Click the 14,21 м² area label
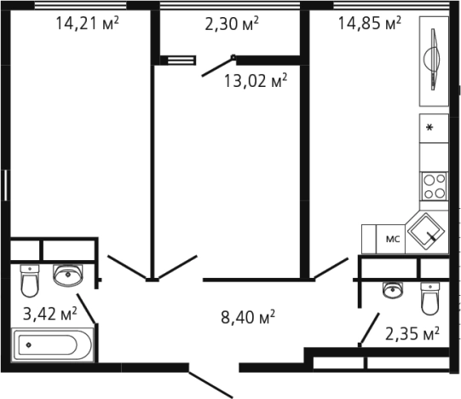point(87,23)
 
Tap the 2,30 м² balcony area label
point(232,23)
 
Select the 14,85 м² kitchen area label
point(370,23)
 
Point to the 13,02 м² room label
point(256,81)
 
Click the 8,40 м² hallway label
point(248,317)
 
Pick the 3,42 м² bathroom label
point(50,314)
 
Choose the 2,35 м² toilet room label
point(412,333)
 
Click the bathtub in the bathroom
point(52,344)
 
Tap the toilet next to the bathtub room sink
point(30,280)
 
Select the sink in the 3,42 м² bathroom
point(68,275)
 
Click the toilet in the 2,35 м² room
point(430,298)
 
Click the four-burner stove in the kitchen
point(435,186)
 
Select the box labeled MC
point(391,239)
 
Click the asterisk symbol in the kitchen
point(429,128)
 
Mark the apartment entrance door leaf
point(210,385)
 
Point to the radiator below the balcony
point(178,61)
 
